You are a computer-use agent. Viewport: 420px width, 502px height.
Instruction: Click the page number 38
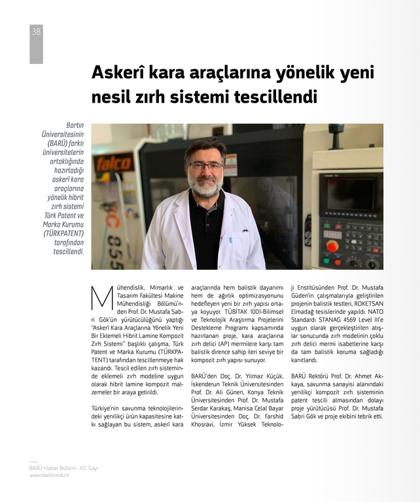tap(36, 31)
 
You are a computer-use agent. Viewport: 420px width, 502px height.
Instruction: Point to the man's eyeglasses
tap(205, 166)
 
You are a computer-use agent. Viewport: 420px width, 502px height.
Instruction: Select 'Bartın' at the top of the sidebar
tap(74, 125)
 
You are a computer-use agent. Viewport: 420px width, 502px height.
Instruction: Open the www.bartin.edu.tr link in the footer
tap(49, 475)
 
